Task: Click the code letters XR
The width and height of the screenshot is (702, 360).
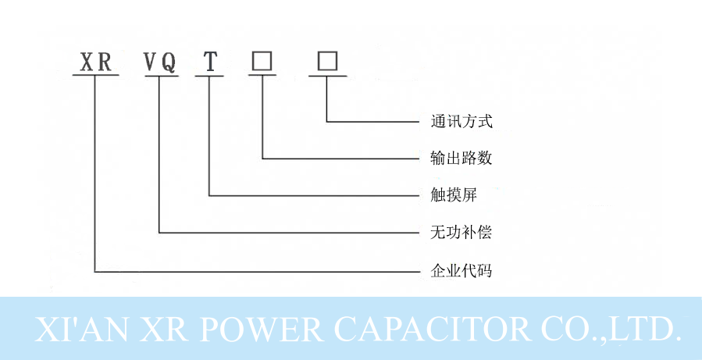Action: [94, 62]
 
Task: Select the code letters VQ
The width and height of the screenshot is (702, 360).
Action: [160, 62]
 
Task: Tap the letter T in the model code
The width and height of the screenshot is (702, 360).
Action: [209, 62]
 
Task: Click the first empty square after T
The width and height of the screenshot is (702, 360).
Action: [262, 61]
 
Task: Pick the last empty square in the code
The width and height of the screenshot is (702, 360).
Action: [327, 61]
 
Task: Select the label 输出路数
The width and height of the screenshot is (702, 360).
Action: [461, 159]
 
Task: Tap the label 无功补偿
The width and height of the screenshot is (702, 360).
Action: [461, 233]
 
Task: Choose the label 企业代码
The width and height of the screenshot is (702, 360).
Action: [461, 272]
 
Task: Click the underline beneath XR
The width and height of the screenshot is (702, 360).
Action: [94, 76]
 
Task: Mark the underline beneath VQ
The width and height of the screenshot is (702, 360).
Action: [160, 76]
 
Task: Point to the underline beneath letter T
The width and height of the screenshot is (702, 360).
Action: [209, 76]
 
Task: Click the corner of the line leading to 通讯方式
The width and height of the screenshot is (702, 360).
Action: [327, 121]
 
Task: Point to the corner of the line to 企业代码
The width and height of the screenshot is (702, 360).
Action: [94, 272]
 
